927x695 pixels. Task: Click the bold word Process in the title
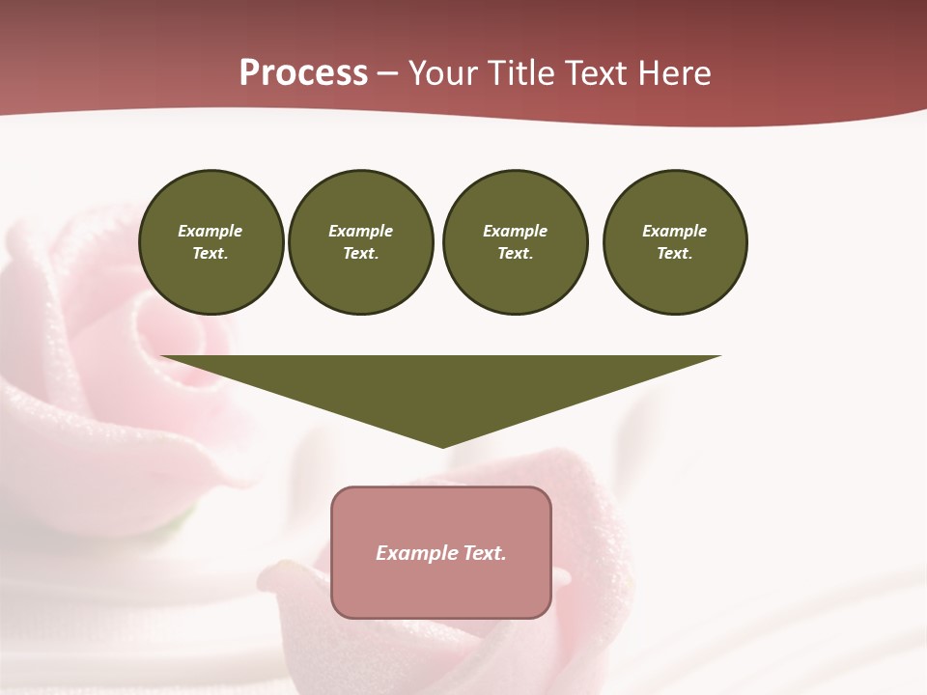[x=303, y=73]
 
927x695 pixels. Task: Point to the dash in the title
[x=388, y=74]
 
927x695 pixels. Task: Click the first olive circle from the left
[x=211, y=242]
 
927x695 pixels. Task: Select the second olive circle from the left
[x=361, y=242]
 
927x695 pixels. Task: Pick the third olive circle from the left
[x=516, y=242]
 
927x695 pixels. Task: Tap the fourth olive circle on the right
[x=675, y=242]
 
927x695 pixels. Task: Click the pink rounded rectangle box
[x=441, y=552]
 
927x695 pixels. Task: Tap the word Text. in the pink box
[x=485, y=553]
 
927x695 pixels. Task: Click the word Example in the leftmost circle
[x=211, y=231]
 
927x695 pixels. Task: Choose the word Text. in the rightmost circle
[x=675, y=254]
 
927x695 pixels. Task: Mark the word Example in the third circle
[x=516, y=231]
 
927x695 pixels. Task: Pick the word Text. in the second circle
[x=361, y=254]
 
